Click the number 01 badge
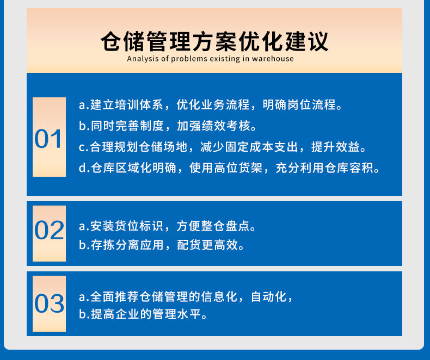49,137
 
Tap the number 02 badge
49,233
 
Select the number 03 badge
49,303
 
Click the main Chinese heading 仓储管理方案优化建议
214,42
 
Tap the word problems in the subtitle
189,59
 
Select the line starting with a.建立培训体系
210,104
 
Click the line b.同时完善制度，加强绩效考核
168,126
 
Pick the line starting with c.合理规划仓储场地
223,147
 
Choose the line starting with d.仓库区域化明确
229,168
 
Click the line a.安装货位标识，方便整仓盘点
167,226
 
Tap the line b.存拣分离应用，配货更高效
162,245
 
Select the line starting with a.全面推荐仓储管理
186,297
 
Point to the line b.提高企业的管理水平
143,314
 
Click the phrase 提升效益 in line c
335,147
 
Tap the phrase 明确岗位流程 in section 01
299,104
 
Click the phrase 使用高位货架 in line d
226,168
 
